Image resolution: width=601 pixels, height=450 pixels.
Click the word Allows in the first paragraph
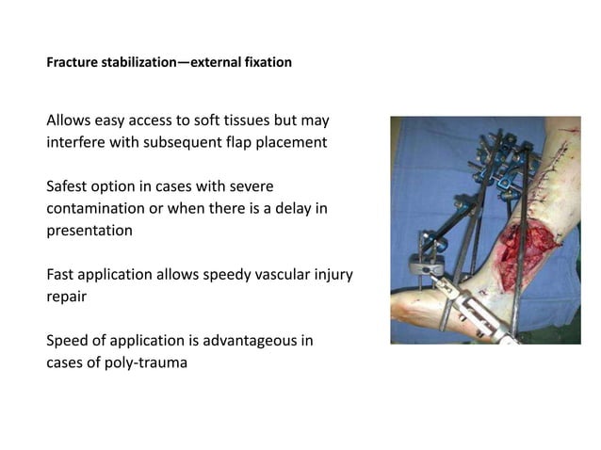point(71,121)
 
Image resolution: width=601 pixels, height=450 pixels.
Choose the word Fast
point(63,273)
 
